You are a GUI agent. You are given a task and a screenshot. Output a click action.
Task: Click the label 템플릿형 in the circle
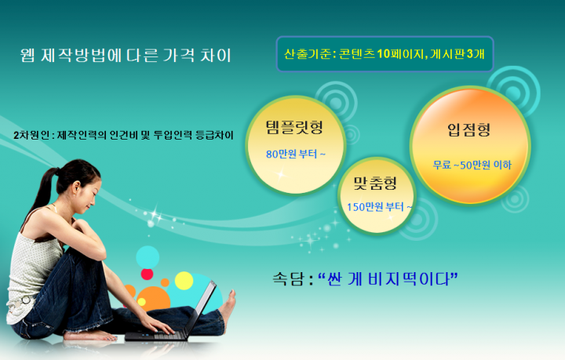[x=294, y=127]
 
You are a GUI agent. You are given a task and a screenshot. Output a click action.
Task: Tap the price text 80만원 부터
[x=291, y=154]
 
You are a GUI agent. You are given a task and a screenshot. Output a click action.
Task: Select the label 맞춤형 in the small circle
[x=375, y=183]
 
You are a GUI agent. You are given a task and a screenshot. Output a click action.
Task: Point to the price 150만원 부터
[x=375, y=207]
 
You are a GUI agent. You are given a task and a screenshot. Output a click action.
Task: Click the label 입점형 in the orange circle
[x=468, y=129]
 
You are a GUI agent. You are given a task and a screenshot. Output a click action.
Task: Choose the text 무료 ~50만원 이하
[x=472, y=165]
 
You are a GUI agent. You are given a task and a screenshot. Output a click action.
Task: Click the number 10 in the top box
[x=384, y=53]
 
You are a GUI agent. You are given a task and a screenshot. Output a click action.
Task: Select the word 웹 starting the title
[x=27, y=56]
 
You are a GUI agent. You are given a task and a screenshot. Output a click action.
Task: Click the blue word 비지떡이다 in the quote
[x=409, y=279]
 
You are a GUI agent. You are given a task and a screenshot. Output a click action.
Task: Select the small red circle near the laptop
[x=147, y=275]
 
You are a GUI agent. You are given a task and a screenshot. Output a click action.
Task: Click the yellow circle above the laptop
[x=184, y=281]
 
